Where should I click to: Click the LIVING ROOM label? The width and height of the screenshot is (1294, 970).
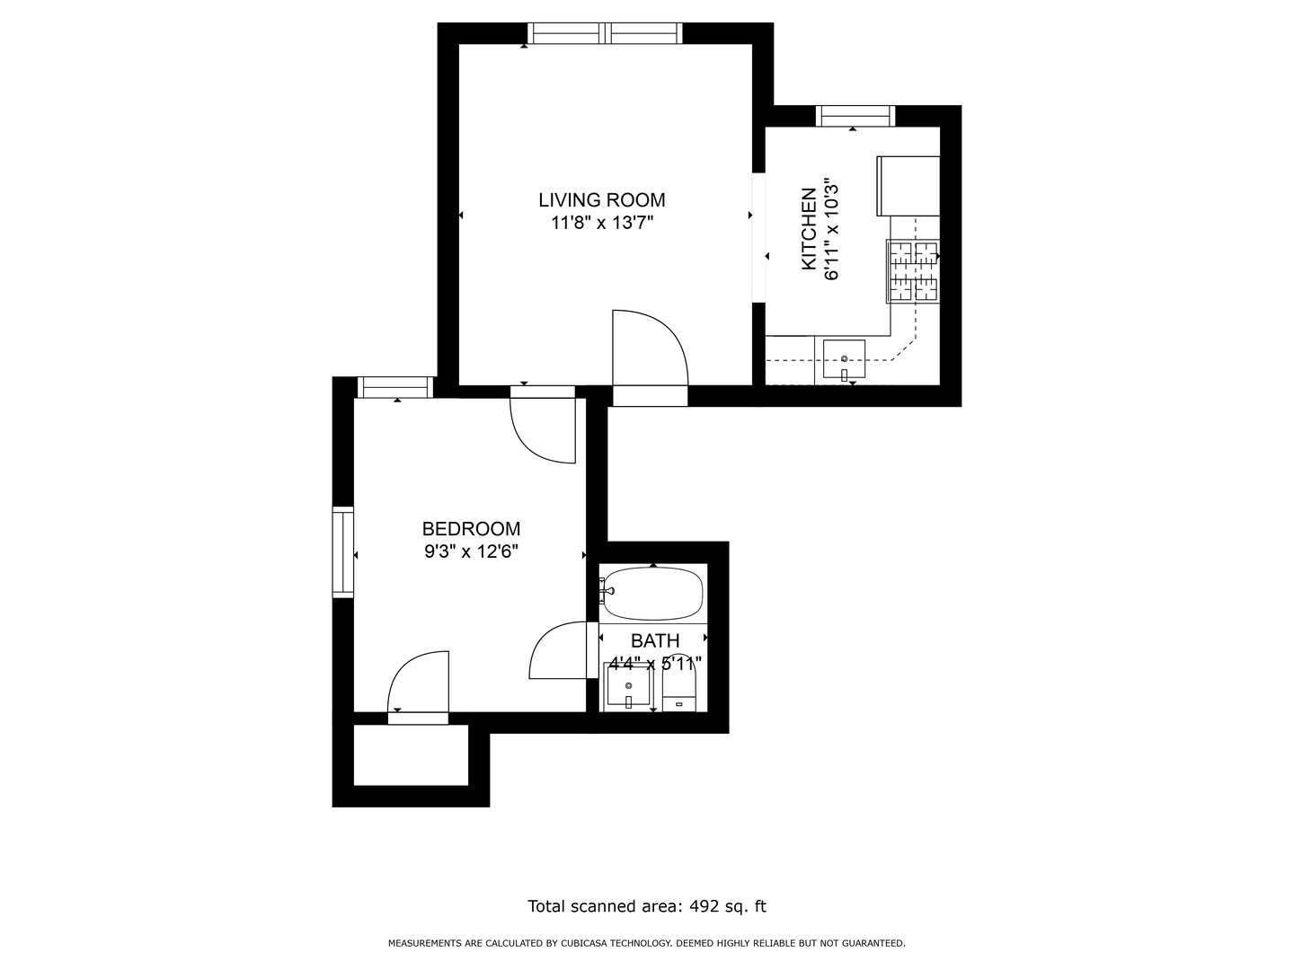coord(601,200)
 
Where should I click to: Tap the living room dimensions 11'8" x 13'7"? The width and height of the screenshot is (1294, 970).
coord(602,224)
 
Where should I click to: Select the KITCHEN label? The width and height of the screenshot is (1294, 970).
coord(809,229)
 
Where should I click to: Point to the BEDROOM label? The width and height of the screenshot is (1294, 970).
coord(471,528)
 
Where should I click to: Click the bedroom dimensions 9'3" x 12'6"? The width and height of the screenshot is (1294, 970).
coord(471,551)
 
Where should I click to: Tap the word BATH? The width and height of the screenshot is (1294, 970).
coord(655,640)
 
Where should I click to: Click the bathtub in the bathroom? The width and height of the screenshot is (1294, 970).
coord(653,594)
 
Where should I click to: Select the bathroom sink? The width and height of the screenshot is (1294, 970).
coord(628,686)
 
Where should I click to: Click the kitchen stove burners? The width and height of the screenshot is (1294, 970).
coord(913,271)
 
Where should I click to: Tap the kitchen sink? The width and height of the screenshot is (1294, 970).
coord(844,358)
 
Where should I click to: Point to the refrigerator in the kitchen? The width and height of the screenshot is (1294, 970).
coord(908,186)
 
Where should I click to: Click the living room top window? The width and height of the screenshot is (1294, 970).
coord(605,33)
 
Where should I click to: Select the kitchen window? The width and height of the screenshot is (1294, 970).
coord(855,116)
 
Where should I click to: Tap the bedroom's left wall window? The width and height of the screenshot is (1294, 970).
coord(343,552)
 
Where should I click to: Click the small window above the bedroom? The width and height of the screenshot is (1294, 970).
coord(395,387)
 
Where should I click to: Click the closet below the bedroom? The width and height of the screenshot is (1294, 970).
coord(411,754)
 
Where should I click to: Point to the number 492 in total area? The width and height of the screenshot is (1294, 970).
coord(705,906)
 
